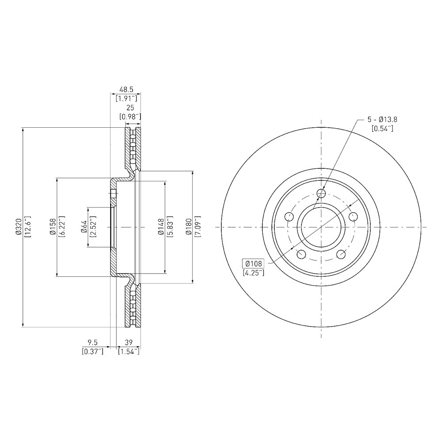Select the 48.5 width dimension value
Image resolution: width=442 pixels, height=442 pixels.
(x=126, y=90)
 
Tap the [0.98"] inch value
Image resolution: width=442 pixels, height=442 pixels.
(x=130, y=116)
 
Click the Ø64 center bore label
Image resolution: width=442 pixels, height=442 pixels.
(x=84, y=227)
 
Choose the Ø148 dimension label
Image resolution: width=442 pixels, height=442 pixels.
(x=161, y=227)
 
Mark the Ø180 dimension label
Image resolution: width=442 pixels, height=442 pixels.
(x=189, y=227)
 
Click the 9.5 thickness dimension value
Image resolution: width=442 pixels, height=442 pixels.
(x=92, y=342)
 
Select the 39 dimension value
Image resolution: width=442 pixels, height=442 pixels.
(x=129, y=342)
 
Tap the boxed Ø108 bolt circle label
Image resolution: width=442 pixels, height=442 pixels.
(x=253, y=263)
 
